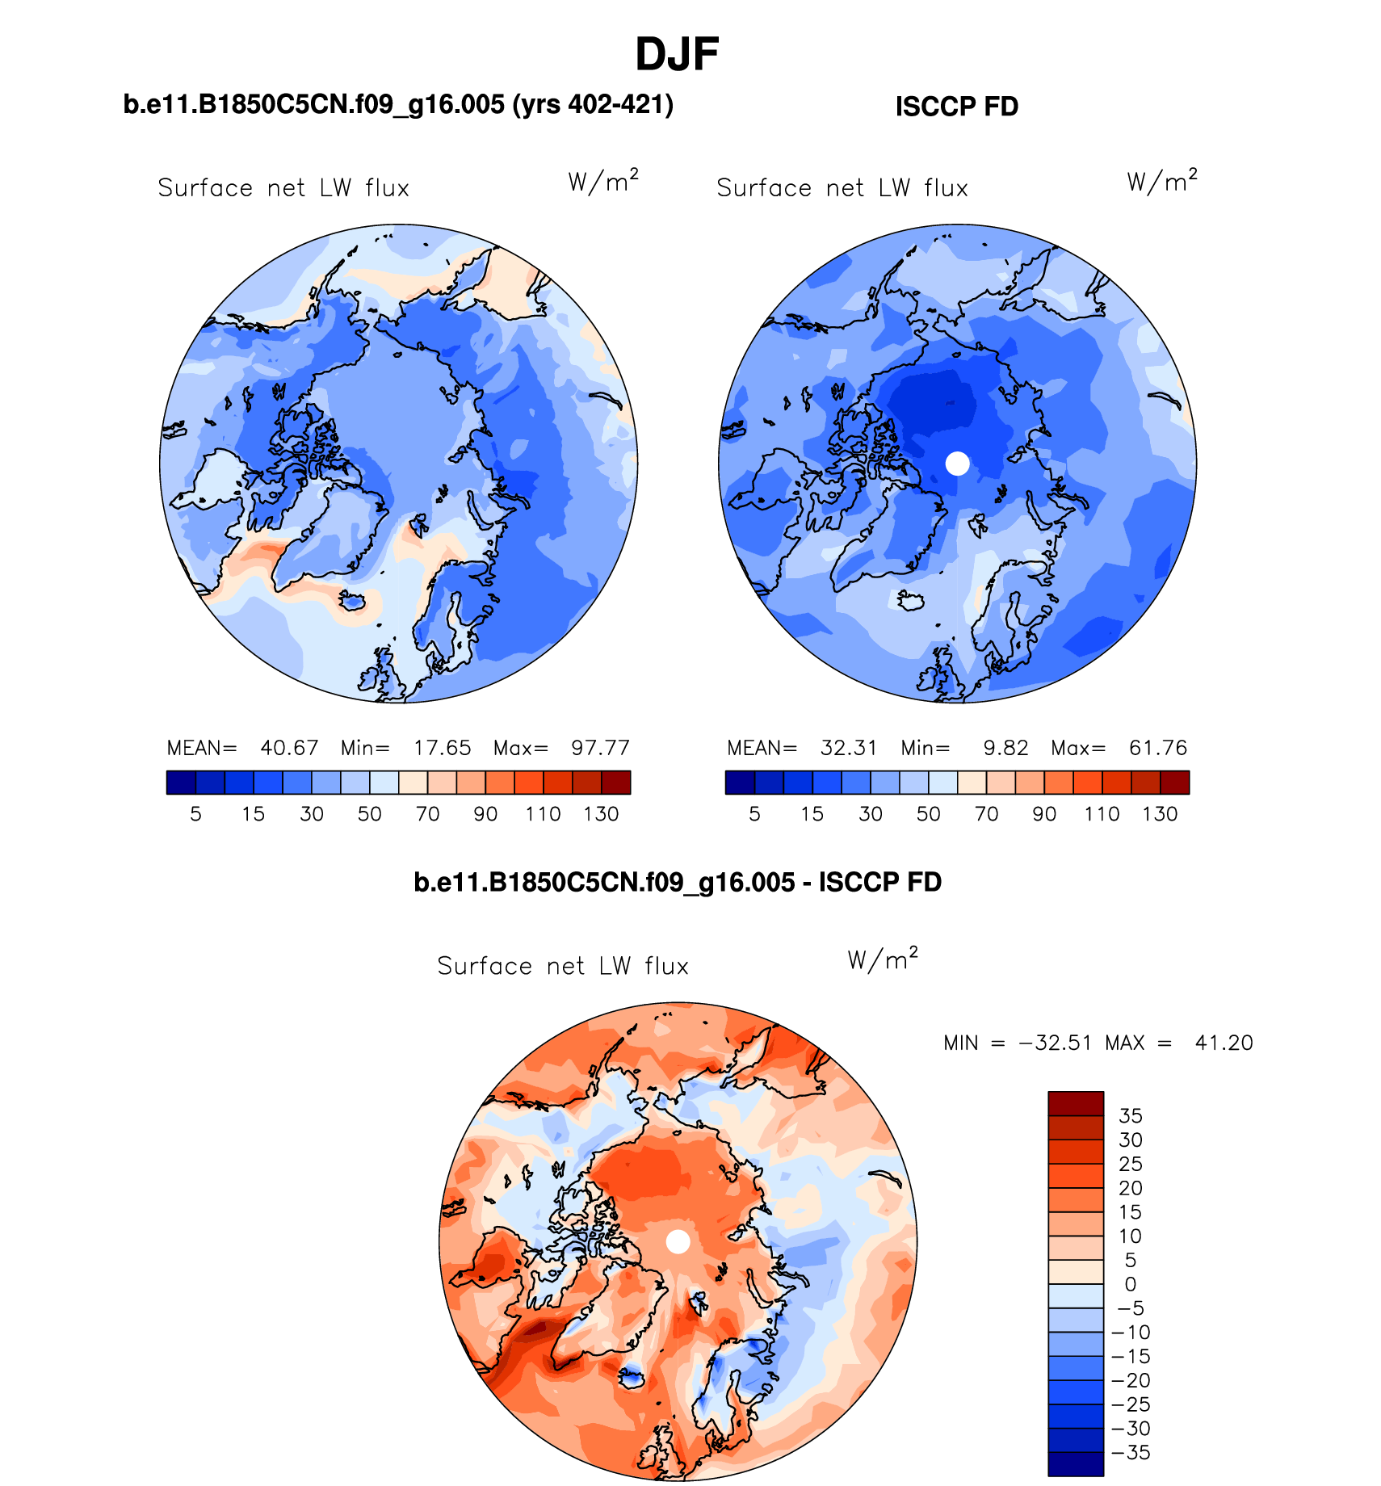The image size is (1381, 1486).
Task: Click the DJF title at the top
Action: pyautogui.click(x=677, y=55)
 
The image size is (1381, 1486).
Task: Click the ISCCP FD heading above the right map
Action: pyautogui.click(x=956, y=107)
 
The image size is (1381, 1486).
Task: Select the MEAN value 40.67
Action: pyautogui.click(x=289, y=748)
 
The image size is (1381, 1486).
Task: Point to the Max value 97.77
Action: pyautogui.click(x=600, y=748)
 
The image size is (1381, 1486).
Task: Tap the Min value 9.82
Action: pyautogui.click(x=1005, y=748)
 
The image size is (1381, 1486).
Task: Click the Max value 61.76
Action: pyautogui.click(x=1158, y=748)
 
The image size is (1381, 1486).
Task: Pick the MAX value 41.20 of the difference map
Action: pyautogui.click(x=1224, y=1043)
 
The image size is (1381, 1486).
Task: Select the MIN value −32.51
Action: pyautogui.click(x=1056, y=1043)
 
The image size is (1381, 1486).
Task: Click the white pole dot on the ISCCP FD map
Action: pyautogui.click(x=957, y=464)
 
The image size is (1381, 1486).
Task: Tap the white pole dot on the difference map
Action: pyautogui.click(x=678, y=1242)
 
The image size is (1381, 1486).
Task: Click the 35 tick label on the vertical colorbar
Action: pyautogui.click(x=1131, y=1116)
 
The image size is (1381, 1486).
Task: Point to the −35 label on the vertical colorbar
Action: pyautogui.click(x=1131, y=1452)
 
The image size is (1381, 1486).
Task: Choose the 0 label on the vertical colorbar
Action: pyautogui.click(x=1131, y=1284)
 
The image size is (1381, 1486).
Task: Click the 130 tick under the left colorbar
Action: pyautogui.click(x=601, y=814)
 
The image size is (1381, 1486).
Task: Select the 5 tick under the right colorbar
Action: pyautogui.click(x=754, y=814)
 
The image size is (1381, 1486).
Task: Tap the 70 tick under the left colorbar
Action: pyautogui.click(x=427, y=814)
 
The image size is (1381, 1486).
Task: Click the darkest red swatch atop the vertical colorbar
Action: pyautogui.click(x=1076, y=1103)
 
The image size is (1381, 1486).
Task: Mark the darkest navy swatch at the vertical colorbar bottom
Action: pyautogui.click(x=1076, y=1464)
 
